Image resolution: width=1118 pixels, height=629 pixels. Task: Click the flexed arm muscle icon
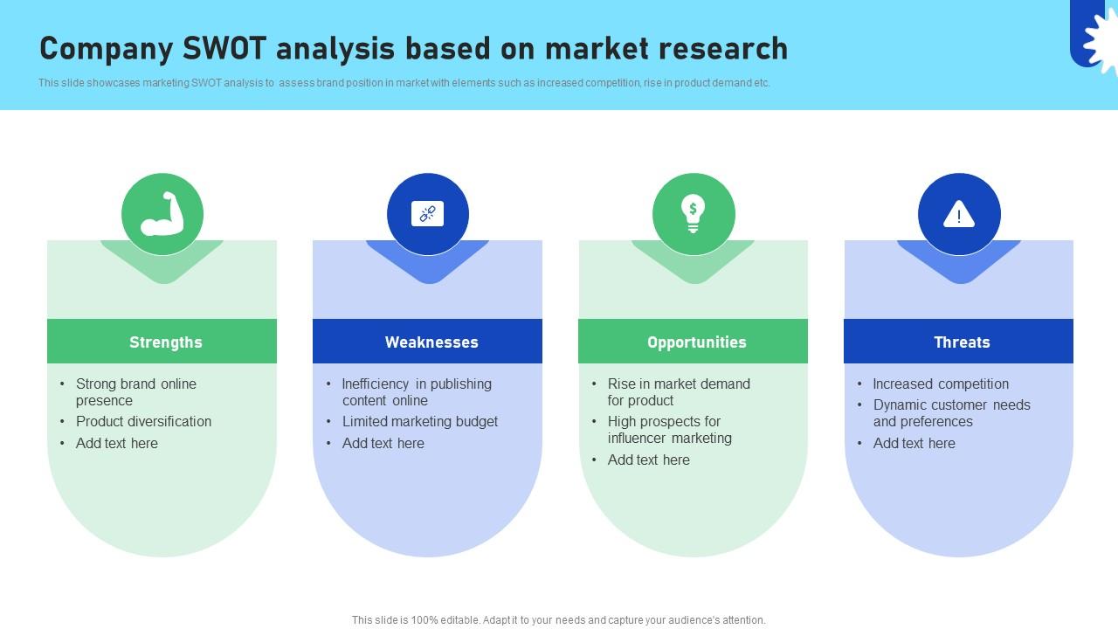click(162, 214)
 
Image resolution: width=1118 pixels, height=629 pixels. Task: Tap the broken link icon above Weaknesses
click(428, 214)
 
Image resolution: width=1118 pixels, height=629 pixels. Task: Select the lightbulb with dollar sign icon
click(694, 214)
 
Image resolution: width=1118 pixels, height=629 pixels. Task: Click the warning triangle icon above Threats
click(959, 214)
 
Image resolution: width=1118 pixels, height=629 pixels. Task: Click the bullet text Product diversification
click(143, 421)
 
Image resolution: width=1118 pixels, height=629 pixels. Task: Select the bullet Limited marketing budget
click(419, 421)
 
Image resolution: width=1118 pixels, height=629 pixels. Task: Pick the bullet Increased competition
click(941, 384)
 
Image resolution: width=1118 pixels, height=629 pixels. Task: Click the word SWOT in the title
click(224, 49)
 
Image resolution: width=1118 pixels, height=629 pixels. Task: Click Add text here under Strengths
click(117, 443)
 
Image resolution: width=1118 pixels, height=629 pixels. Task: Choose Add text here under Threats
click(914, 443)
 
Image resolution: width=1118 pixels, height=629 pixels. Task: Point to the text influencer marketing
click(670, 439)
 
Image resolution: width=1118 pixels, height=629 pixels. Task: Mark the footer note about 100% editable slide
click(559, 620)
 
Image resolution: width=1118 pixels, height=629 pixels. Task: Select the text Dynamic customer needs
click(951, 404)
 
